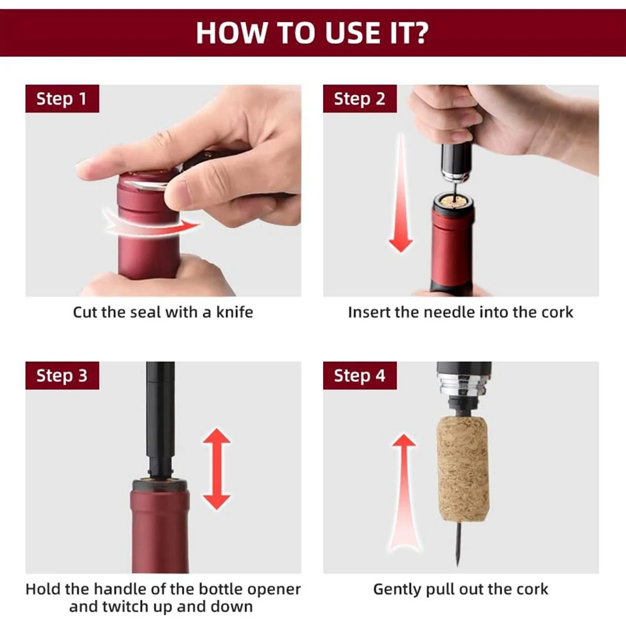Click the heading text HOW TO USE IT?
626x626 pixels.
[312, 33]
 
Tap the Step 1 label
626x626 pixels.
[62, 99]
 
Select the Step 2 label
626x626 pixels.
[360, 99]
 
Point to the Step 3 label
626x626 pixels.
[62, 376]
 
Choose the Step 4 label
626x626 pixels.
[360, 376]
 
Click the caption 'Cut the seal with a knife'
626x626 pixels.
[163, 312]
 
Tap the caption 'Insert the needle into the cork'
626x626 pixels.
[461, 312]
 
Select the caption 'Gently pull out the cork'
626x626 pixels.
[461, 590]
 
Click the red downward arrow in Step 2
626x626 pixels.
[401, 193]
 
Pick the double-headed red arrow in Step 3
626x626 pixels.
[217, 469]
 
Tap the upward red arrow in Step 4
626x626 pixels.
[404, 493]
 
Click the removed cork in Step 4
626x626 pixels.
[463, 469]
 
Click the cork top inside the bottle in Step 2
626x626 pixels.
[453, 201]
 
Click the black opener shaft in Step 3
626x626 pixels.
[160, 419]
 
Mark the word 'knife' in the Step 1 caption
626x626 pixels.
[235, 312]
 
